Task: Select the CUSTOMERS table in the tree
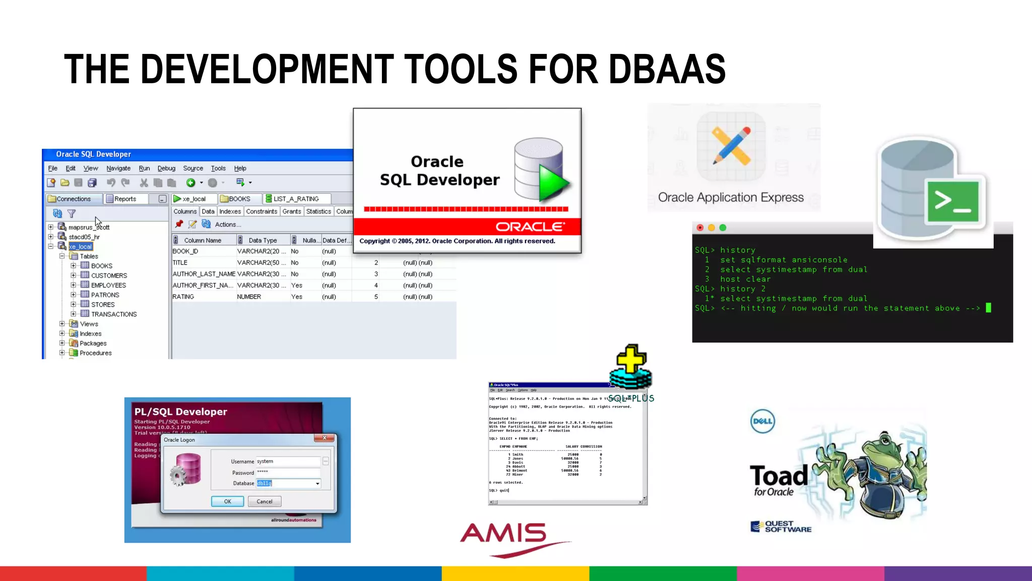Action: click(109, 275)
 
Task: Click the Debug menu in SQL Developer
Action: click(166, 168)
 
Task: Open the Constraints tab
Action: click(262, 211)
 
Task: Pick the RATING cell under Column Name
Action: click(183, 297)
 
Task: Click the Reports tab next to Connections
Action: click(124, 199)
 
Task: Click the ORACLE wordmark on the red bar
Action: click(530, 227)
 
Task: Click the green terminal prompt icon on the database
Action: click(952, 201)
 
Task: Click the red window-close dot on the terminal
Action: click(700, 227)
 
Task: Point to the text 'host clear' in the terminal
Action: click(745, 279)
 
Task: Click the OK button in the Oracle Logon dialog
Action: click(227, 501)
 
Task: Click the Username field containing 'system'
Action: click(288, 461)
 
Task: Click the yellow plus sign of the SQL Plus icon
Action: click(631, 359)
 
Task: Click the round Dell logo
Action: click(762, 421)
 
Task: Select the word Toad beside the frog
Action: click(779, 476)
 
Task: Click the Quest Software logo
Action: click(781, 527)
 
